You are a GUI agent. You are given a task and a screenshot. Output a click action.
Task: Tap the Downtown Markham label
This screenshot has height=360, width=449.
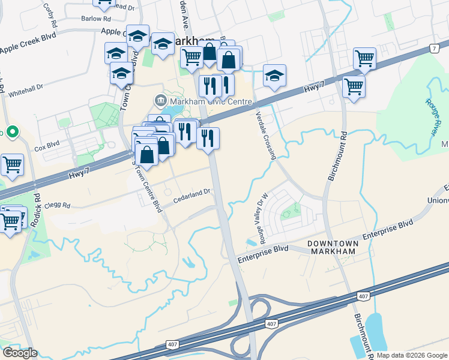click(x=333, y=247)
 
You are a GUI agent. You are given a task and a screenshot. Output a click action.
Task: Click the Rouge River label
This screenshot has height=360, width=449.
click(x=437, y=117)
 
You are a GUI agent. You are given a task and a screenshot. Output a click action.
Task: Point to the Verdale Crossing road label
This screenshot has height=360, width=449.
click(x=265, y=135)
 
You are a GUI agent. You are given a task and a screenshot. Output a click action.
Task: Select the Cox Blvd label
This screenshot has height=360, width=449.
click(x=47, y=145)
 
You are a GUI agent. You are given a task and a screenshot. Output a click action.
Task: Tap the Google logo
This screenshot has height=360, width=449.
click(x=20, y=353)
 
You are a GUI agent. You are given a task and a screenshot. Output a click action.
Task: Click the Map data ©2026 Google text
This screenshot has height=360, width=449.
click(x=412, y=355)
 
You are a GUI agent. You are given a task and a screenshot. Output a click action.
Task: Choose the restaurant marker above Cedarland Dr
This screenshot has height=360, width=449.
click(x=208, y=138)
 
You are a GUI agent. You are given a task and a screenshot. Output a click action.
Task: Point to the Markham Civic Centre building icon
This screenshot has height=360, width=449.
click(x=160, y=100)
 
